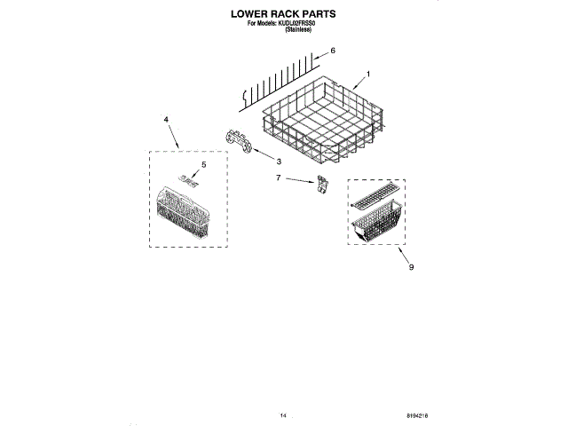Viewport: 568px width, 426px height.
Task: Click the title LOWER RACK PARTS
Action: [x=284, y=15]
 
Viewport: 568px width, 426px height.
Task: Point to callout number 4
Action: [x=165, y=118]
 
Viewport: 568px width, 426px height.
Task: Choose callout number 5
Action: [x=203, y=164]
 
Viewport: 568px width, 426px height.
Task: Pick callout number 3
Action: [x=278, y=162]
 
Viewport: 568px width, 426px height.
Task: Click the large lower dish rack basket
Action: [x=325, y=124]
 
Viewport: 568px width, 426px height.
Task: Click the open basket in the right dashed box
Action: [x=376, y=226]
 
